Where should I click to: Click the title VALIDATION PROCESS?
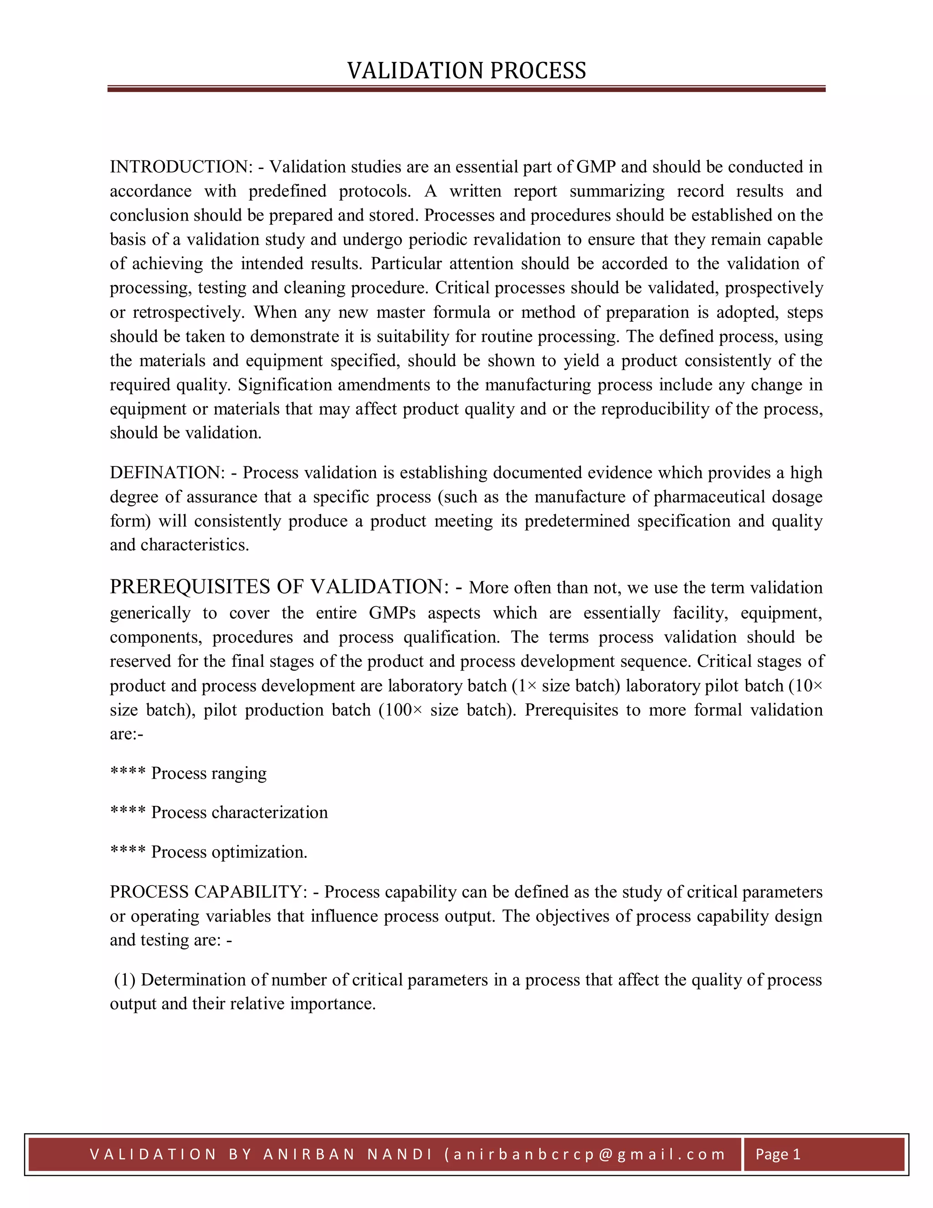pyautogui.click(x=466, y=71)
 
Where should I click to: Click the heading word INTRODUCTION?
pyautogui.click(x=181, y=167)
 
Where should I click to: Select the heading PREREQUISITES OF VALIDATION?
pyautogui.click(x=279, y=587)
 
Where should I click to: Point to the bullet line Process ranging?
pyautogui.click(x=208, y=773)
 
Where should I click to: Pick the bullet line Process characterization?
pyautogui.click(x=239, y=812)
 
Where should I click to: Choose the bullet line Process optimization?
pyautogui.click(x=229, y=852)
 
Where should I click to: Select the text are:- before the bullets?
pyautogui.click(x=126, y=734)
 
